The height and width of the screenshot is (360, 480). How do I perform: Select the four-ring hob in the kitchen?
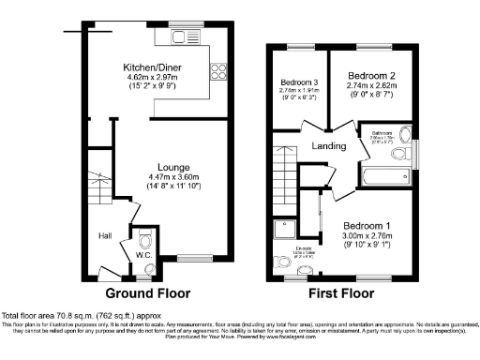[218, 71]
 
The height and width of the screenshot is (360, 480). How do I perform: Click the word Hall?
[106, 235]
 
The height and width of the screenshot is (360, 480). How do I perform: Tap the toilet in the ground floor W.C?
[144, 239]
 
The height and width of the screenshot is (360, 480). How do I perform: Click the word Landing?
[324, 145]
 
